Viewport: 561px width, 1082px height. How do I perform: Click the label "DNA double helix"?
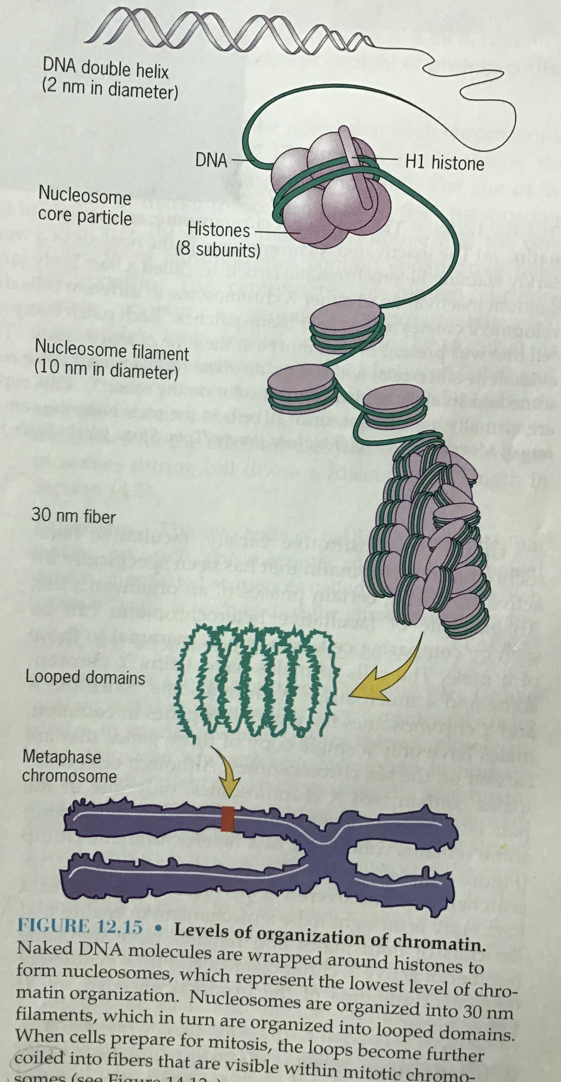[105, 69]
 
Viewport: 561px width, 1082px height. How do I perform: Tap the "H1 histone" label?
[445, 163]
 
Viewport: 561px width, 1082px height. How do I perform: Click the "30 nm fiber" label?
[74, 516]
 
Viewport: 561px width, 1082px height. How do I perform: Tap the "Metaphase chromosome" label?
[69, 766]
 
